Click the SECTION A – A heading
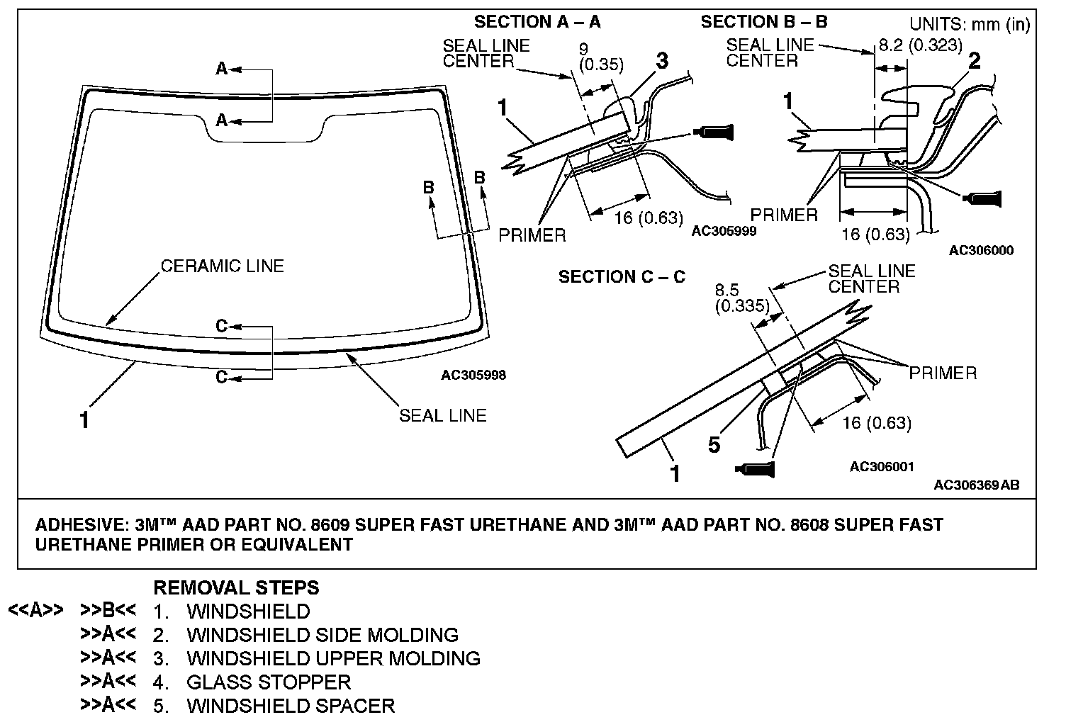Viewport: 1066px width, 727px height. click(537, 22)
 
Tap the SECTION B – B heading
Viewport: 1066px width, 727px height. click(763, 22)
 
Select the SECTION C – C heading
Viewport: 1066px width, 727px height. click(622, 277)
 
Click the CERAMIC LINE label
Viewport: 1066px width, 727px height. click(222, 266)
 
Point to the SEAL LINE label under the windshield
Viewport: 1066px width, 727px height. click(442, 415)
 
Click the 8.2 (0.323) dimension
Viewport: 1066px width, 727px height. click(920, 45)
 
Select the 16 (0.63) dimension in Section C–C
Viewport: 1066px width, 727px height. click(876, 423)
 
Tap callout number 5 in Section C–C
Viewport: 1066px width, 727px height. click(714, 444)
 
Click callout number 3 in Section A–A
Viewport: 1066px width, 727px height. click(661, 61)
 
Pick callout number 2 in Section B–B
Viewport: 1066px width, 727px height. click(974, 61)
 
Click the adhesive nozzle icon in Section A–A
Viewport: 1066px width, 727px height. click(715, 132)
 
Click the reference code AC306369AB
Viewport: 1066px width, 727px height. click(976, 485)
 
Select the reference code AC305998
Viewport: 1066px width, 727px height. click(473, 375)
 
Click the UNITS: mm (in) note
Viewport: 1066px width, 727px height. click(969, 24)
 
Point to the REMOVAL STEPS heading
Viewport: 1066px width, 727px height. click(236, 588)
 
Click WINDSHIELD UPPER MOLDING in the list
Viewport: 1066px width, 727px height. click(333, 659)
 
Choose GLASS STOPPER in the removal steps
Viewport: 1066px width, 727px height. click(269, 682)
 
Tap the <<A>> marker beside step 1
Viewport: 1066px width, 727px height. click(36, 610)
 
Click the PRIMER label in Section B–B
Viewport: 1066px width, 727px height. click(784, 215)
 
